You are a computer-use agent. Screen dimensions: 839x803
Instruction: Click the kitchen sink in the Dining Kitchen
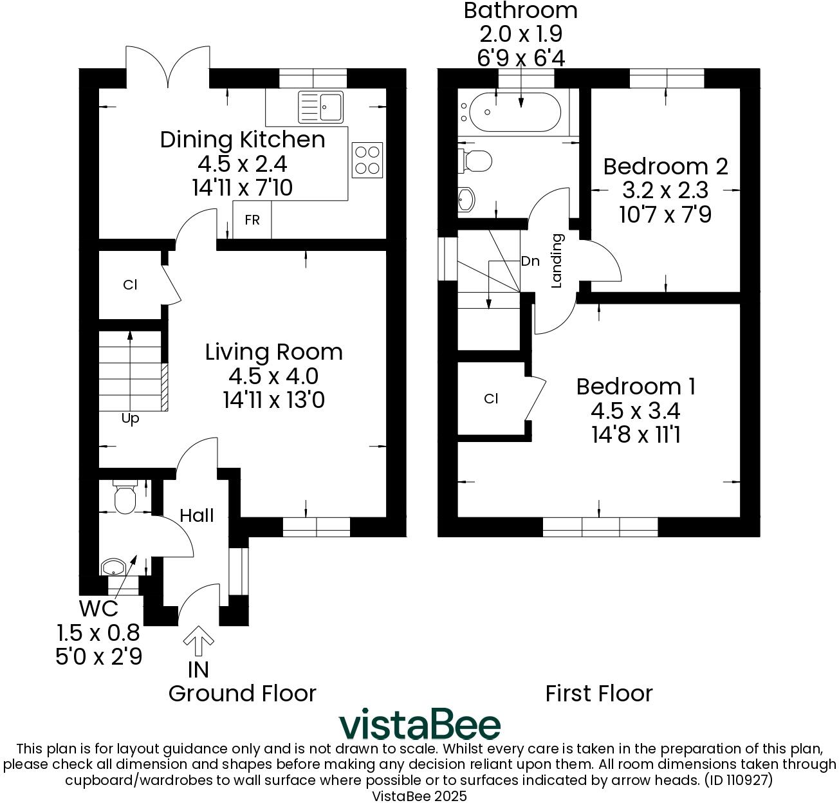[x=320, y=107]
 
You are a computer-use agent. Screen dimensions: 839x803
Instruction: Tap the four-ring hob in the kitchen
[x=367, y=160]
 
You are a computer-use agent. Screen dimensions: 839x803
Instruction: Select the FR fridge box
[x=252, y=219]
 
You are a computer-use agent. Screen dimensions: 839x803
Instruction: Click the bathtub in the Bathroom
[x=515, y=112]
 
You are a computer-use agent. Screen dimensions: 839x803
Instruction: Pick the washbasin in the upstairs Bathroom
[x=466, y=200]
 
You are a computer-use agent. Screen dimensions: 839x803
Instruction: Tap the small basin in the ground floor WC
[x=113, y=568]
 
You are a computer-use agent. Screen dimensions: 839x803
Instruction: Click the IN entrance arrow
[x=198, y=641]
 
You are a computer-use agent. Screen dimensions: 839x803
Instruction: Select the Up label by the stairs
[x=130, y=419]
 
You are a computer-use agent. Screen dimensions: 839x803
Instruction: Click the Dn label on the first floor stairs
[x=530, y=261]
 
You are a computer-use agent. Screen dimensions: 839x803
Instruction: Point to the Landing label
[x=557, y=261]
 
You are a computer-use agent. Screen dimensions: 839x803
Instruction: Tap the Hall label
[x=197, y=515]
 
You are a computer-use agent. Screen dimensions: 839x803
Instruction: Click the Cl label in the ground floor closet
[x=130, y=284]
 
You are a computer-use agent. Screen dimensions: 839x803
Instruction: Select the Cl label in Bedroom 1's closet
[x=491, y=398]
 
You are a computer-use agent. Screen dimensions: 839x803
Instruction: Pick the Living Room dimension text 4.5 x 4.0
[x=273, y=376]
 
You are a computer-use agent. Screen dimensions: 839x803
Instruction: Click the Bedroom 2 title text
[x=665, y=167]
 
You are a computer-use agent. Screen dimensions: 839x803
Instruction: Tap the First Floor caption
[x=599, y=694]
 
